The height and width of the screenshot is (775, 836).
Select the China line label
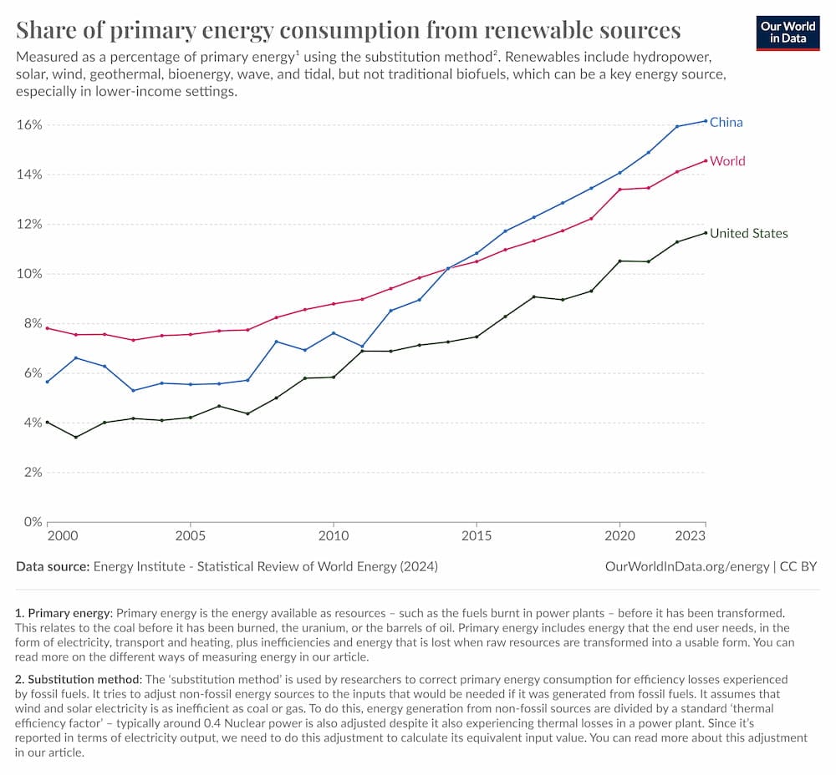tap(726, 122)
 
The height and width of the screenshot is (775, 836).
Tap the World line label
tap(727, 160)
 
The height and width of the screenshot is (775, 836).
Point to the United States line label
tap(748, 233)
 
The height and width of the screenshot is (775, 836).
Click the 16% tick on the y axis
tap(29, 124)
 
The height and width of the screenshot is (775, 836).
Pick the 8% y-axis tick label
tap(32, 323)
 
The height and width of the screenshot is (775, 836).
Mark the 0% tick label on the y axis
tap(32, 522)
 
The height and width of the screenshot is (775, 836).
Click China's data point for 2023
tap(706, 121)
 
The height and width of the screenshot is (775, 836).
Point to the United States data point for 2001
tap(76, 437)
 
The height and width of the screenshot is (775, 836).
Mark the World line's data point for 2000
tap(48, 327)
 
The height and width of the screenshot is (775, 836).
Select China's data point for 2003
tap(133, 391)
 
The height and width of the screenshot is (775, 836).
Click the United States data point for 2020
tap(619, 261)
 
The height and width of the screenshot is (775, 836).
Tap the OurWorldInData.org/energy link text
tap(686, 566)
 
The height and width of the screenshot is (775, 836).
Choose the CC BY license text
tap(798, 566)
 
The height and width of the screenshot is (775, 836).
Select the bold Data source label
tap(53, 566)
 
